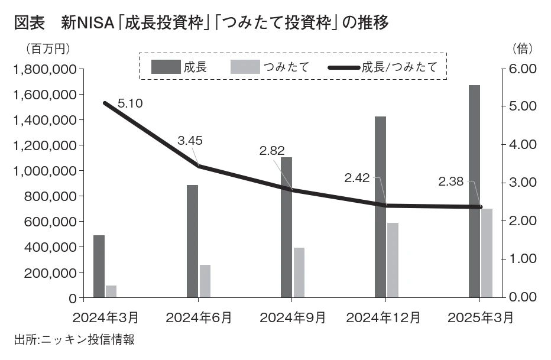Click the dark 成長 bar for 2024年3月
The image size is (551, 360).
tap(99, 266)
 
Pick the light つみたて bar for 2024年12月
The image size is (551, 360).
tap(393, 260)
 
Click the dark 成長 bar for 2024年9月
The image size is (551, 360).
tap(286, 227)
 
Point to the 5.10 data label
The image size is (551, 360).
tap(130, 103)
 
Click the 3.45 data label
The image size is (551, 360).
tap(190, 141)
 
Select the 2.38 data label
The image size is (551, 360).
tap(451, 181)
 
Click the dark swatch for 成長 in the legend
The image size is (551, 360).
tap(165, 66)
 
